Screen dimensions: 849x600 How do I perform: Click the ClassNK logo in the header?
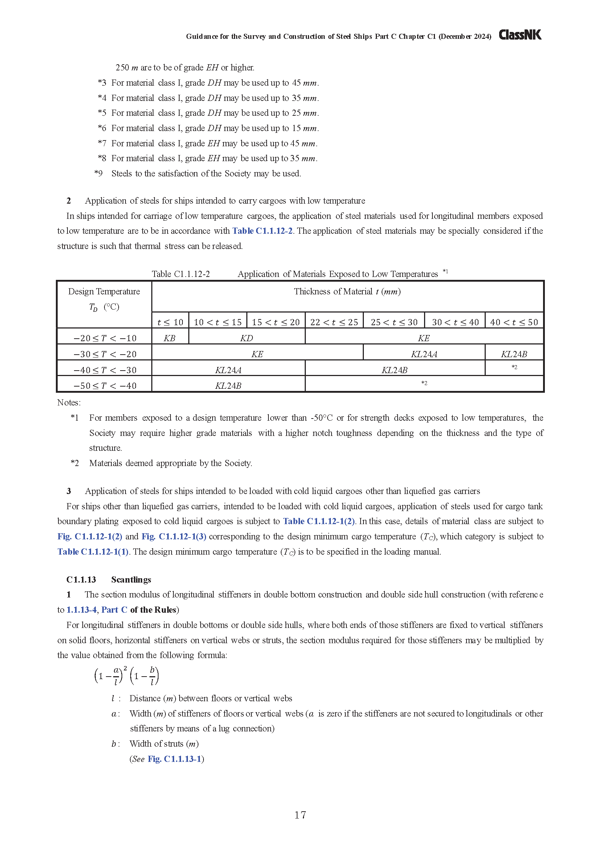click(520, 35)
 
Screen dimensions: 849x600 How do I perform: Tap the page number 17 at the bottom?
click(300, 815)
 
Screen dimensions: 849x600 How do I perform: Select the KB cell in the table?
click(169, 338)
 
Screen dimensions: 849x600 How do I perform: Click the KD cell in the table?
click(246, 338)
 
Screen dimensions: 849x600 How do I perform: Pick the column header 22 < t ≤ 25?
click(334, 322)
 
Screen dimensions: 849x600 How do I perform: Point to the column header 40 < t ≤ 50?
click(514, 322)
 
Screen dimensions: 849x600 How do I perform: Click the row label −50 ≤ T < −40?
click(105, 386)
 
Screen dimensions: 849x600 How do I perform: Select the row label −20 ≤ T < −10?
click(105, 338)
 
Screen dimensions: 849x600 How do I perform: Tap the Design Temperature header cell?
click(104, 299)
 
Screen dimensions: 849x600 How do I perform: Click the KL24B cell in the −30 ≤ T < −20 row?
click(514, 354)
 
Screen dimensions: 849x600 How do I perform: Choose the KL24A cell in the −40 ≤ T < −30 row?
click(228, 370)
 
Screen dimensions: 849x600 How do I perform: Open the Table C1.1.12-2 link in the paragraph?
click(262, 231)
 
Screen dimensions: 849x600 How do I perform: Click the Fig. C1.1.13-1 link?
click(174, 759)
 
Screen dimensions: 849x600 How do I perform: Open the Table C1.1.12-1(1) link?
click(93, 551)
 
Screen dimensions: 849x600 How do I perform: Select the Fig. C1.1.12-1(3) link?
click(174, 536)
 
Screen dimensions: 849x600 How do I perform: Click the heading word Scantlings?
click(131, 579)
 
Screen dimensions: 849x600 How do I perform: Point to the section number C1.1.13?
click(81, 579)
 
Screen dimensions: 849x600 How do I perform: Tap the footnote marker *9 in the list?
click(99, 174)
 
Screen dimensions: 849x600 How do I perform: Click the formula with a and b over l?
click(126, 676)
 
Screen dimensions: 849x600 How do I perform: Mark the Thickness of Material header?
click(347, 291)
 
